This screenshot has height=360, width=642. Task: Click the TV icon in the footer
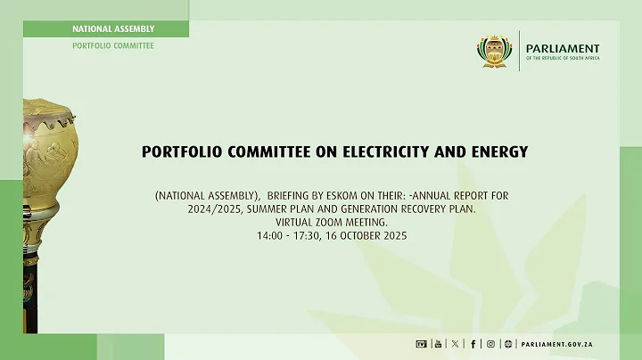pyautogui.click(x=422, y=343)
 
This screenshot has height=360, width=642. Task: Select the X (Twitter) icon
pyautogui.click(x=457, y=343)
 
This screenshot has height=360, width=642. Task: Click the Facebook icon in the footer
pyautogui.click(x=473, y=343)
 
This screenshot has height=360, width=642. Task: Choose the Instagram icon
pyautogui.click(x=490, y=343)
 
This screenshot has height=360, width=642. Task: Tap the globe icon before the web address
pyautogui.click(x=508, y=343)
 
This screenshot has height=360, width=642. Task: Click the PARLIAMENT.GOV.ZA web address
pyautogui.click(x=558, y=343)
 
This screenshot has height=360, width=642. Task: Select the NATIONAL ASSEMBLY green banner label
pyautogui.click(x=113, y=29)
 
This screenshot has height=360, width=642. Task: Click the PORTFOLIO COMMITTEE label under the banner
pyautogui.click(x=113, y=45)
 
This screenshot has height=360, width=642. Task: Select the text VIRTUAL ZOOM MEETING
pyautogui.click(x=321, y=223)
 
